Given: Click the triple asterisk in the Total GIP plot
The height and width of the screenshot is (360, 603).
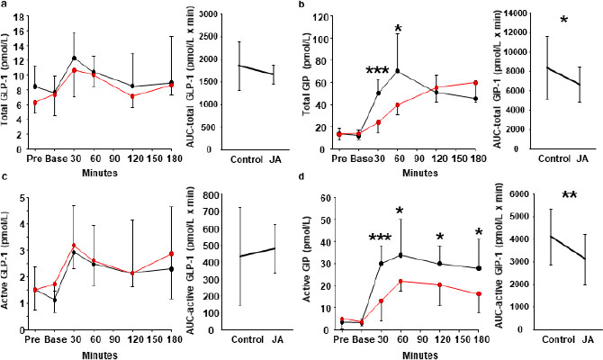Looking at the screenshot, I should (377, 72).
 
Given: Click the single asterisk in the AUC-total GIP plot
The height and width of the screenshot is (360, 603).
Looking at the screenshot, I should (538, 20).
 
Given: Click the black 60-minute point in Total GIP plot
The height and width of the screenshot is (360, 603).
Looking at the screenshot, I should (399, 70).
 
